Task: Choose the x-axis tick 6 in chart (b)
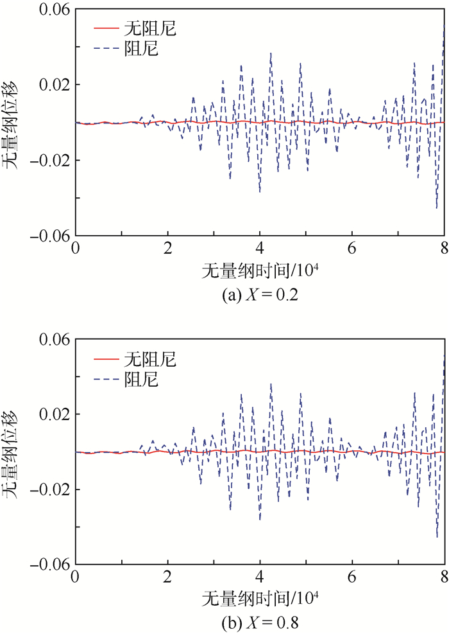pyautogui.click(x=352, y=579)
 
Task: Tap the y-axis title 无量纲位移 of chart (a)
pyautogui.click(x=13, y=123)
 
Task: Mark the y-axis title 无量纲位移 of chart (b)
pyautogui.click(x=13, y=452)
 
